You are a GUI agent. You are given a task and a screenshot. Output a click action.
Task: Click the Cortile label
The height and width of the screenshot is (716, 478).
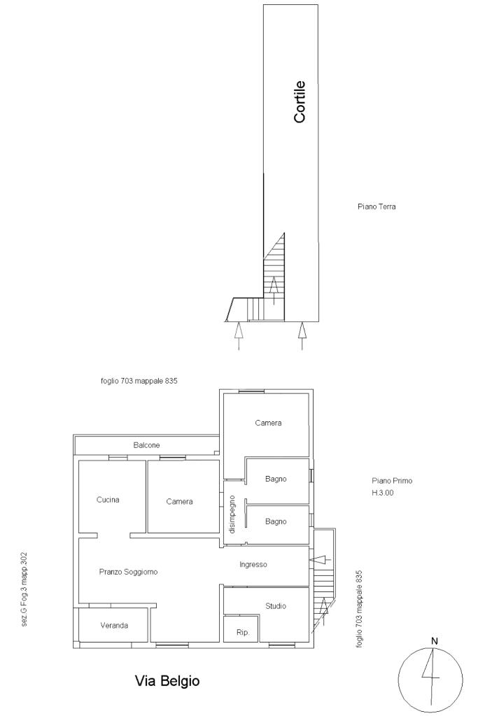coord(300,101)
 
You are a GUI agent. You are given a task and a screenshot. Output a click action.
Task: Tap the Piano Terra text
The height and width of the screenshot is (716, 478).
coord(377,207)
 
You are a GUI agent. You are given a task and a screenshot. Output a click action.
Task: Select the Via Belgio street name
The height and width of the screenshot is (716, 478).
coord(167,681)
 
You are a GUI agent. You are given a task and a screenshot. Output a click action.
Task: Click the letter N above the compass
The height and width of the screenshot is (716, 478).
coord(434,641)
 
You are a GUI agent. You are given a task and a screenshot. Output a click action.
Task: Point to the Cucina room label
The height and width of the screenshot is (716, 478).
coord(108,500)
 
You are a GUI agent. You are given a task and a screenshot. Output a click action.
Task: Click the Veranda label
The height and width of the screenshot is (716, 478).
coord(114,626)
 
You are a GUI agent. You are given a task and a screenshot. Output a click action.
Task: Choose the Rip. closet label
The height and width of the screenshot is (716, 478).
coord(243,633)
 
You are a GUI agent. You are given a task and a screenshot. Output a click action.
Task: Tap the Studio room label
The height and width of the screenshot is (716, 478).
coord(276,606)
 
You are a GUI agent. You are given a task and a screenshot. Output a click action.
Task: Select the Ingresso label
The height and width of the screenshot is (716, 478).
coord(253,565)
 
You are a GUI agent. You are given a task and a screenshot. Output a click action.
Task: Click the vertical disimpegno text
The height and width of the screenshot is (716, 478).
coord(232,514)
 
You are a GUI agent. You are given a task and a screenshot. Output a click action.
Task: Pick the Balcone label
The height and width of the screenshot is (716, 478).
coord(146,445)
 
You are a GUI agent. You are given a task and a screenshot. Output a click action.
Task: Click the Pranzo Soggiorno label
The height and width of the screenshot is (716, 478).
coord(128,572)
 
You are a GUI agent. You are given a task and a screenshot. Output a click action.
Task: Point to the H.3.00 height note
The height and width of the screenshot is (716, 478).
coord(383,493)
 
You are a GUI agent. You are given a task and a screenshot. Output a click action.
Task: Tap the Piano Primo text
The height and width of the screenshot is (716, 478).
coord(392,481)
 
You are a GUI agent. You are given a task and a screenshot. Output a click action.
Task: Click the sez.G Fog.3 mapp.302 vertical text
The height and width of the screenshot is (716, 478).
coord(24,589)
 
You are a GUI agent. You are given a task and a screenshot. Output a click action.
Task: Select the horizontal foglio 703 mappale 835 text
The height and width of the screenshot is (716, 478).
coord(139,381)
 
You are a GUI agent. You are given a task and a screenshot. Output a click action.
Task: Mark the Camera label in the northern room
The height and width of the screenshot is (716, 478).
coord(268,423)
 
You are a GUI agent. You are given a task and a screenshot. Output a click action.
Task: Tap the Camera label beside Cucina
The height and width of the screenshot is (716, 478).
coord(179,502)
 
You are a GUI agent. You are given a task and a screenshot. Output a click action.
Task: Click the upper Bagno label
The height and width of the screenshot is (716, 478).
coord(276,479)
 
